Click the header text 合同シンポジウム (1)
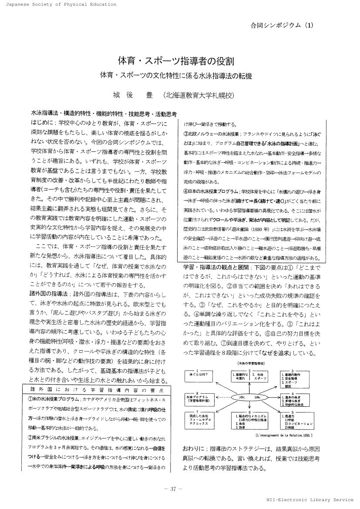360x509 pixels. coord(282,25)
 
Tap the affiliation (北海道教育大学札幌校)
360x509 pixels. coord(199,95)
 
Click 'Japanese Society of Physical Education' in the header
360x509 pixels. coord(59,4)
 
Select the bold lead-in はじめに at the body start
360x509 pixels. coord(43,122)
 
